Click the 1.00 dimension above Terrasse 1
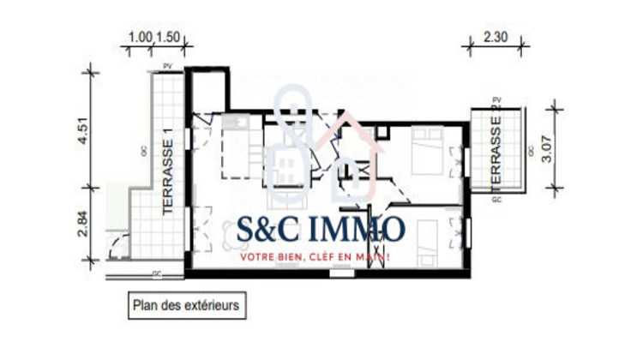(x=139, y=38)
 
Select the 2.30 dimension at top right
(x=495, y=38)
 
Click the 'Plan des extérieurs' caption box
(x=185, y=303)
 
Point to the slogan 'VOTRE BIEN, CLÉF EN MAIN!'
(x=315, y=256)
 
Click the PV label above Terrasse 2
(x=496, y=100)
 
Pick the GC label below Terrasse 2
(x=496, y=199)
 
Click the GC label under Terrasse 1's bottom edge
(x=156, y=274)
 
